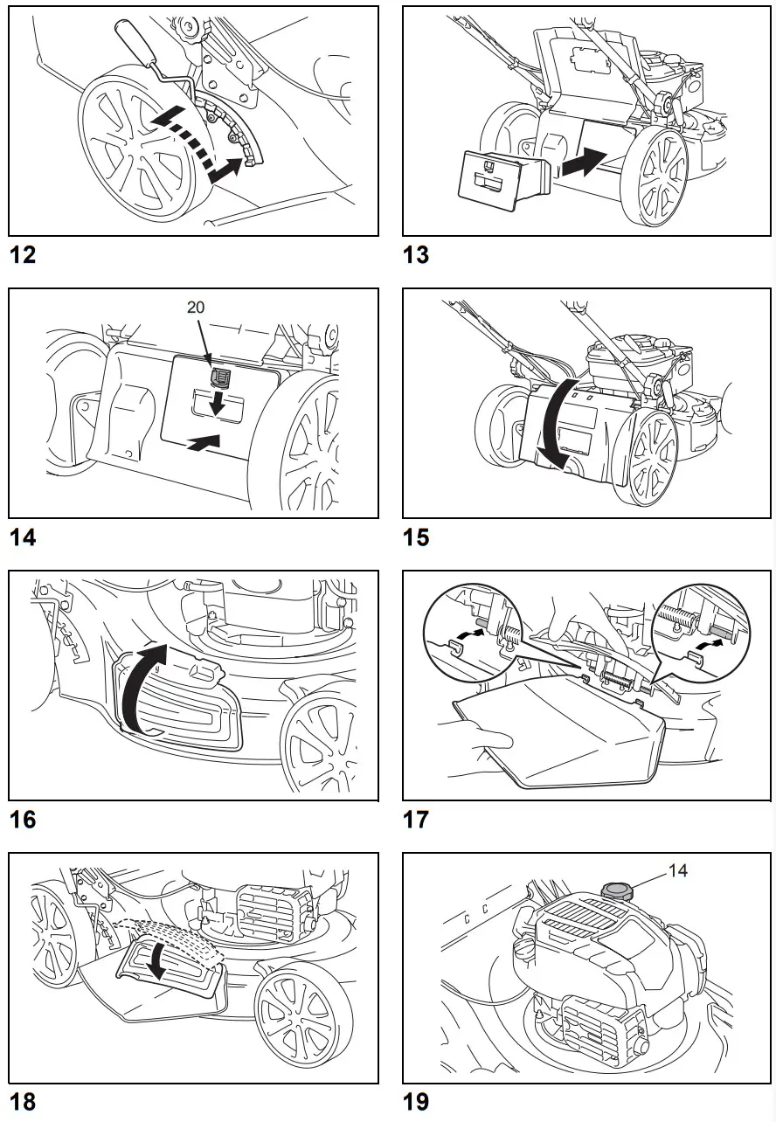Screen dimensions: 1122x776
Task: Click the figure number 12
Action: pyautogui.click(x=24, y=255)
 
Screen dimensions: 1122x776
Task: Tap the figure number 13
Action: pyautogui.click(x=416, y=255)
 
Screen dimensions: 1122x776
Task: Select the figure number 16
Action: pyautogui.click(x=24, y=820)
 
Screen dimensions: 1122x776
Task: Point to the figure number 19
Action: pyautogui.click(x=416, y=1102)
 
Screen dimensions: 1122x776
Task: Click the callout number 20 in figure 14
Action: pyautogui.click(x=196, y=308)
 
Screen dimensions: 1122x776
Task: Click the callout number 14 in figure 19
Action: pyautogui.click(x=678, y=870)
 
